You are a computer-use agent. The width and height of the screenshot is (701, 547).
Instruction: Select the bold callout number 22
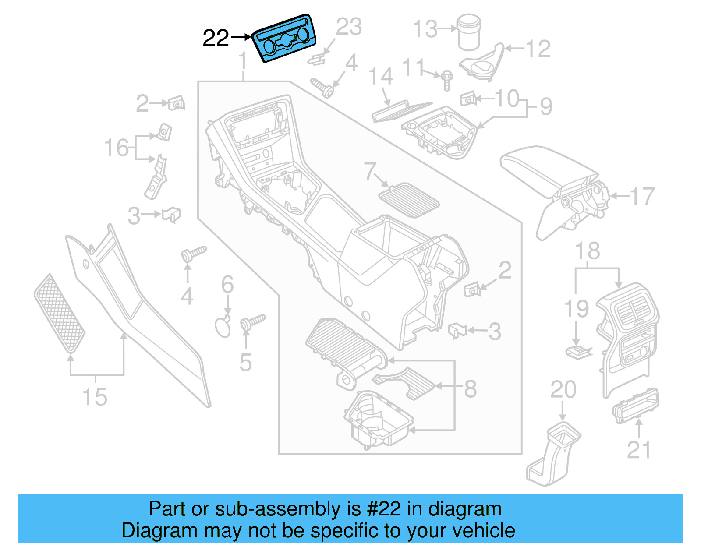pyautogui.click(x=216, y=39)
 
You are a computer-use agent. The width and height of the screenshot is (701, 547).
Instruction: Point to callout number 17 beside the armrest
pyautogui.click(x=642, y=196)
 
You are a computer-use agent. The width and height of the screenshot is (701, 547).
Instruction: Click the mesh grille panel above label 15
pyautogui.click(x=60, y=313)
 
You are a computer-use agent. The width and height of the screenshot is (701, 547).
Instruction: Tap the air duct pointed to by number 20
pyautogui.click(x=554, y=453)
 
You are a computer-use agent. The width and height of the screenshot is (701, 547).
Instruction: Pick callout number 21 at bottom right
pyautogui.click(x=639, y=450)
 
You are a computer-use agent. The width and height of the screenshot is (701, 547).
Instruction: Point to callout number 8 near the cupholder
pyautogui.click(x=470, y=388)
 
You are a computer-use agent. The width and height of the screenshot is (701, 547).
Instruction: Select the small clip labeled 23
pyautogui.click(x=319, y=59)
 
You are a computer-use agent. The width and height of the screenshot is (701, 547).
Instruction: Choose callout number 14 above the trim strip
pyautogui.click(x=381, y=76)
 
